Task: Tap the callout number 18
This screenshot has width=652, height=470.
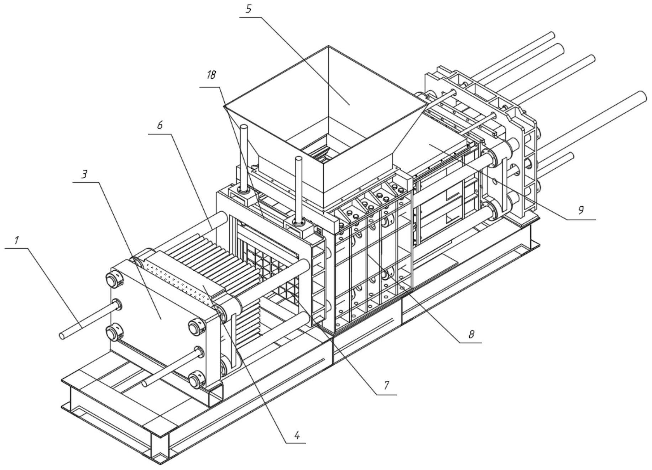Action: coord(211,76)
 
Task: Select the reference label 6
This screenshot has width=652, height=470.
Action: coord(160,125)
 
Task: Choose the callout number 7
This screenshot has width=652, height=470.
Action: coord(386,385)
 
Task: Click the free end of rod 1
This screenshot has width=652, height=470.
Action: coord(63,336)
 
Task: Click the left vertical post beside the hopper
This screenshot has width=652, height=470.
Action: coord(244,157)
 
